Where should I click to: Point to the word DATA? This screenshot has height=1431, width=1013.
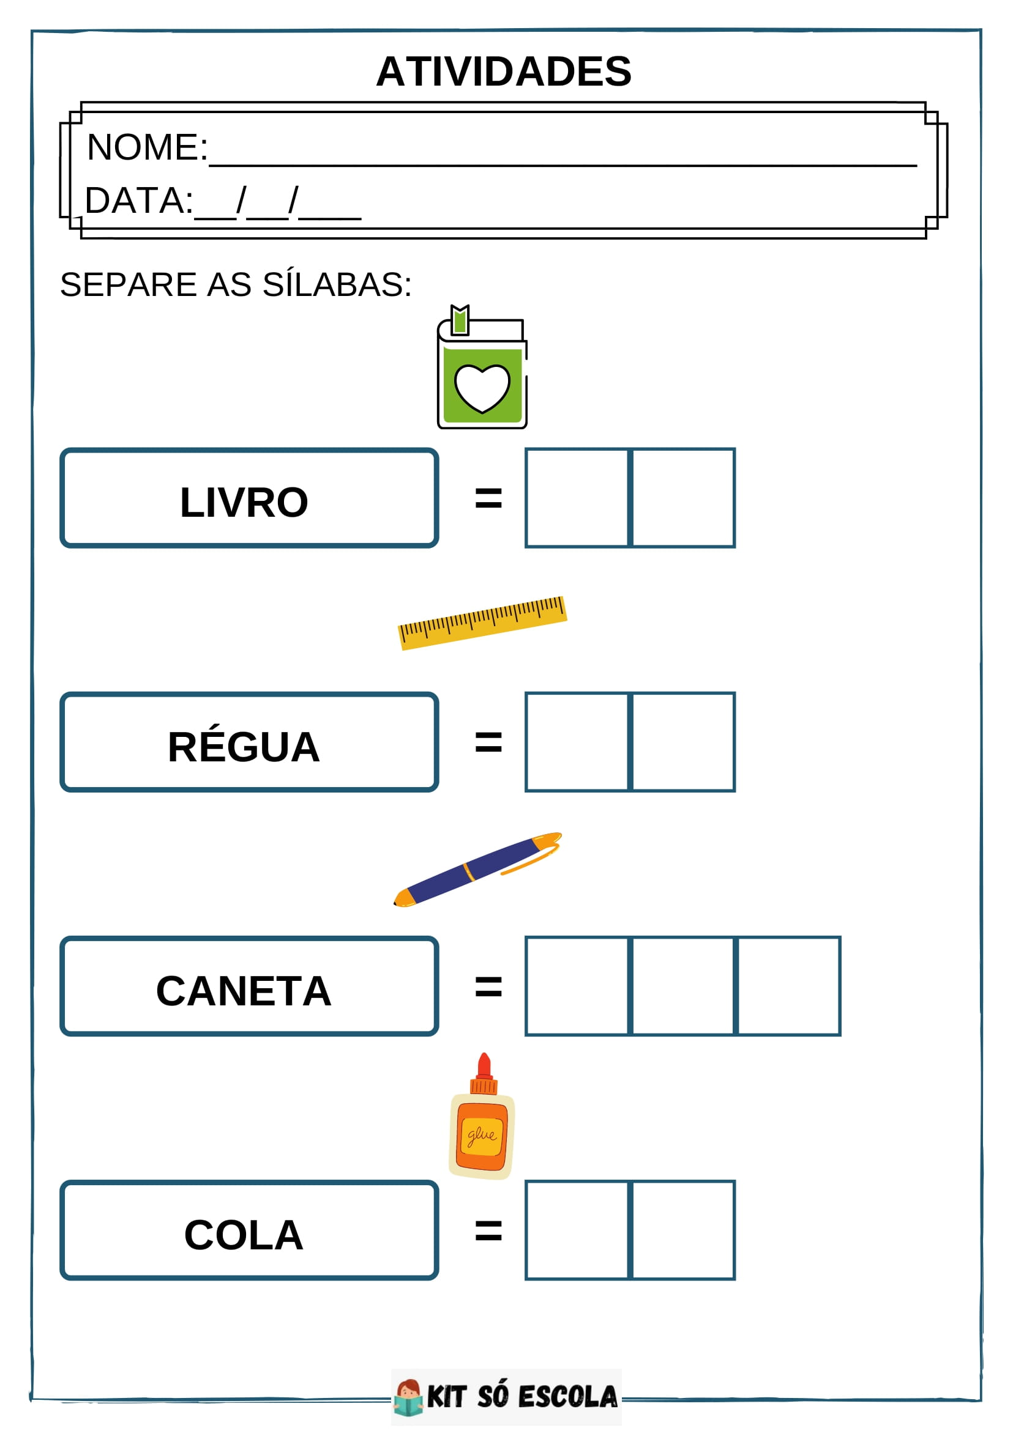[138, 201]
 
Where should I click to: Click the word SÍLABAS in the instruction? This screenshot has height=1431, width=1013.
[337, 285]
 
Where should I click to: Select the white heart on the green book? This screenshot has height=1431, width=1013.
[482, 387]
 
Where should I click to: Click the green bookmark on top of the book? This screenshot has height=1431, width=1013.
[460, 320]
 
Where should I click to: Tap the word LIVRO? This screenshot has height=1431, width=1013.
[244, 502]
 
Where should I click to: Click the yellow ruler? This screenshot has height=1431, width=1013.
[482, 622]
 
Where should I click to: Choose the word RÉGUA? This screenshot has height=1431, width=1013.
[244, 747]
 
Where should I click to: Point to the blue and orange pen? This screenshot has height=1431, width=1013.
[477, 869]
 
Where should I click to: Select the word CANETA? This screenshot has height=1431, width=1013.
[244, 991]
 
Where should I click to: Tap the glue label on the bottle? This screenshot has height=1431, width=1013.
[482, 1136]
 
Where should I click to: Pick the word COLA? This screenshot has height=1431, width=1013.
[244, 1235]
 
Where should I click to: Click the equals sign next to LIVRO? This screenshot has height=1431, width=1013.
[488, 498]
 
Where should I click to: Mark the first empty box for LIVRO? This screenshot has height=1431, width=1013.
[577, 498]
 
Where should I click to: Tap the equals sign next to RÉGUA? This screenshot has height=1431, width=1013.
[488, 742]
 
